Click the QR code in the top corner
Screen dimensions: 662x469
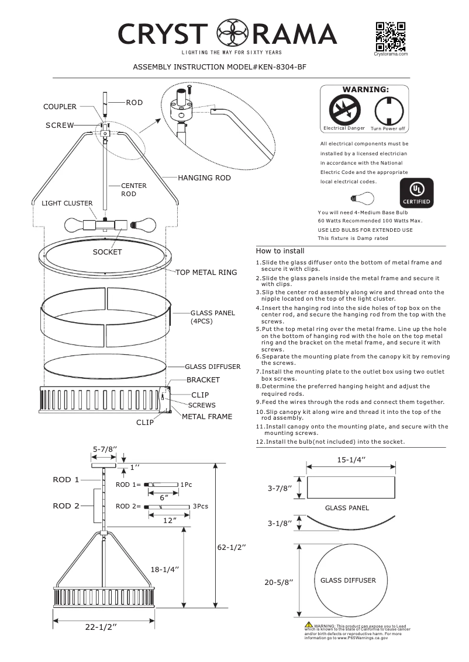coord(391,36)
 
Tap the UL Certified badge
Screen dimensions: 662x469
coord(416,193)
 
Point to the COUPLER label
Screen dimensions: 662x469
coord(60,107)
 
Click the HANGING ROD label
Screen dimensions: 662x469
coord(204,177)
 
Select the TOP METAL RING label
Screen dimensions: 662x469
coord(206,273)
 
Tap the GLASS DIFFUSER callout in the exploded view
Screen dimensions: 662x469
coord(212,367)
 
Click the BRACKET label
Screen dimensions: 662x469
coord(203,380)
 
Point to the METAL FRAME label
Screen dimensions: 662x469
coord(207,417)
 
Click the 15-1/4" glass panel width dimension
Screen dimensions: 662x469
coord(351,459)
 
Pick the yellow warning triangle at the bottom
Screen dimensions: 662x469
coord(308,626)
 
